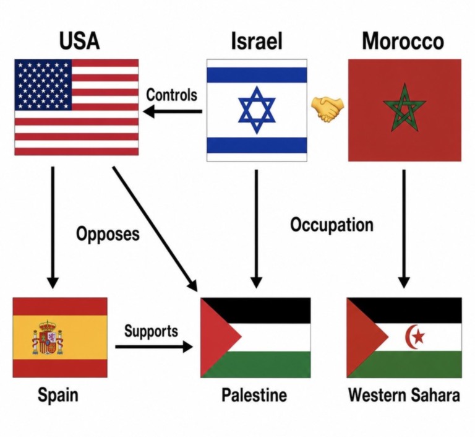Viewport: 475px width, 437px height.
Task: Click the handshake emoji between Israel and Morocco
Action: point(328,109)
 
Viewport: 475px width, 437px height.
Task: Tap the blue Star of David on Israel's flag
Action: point(257,110)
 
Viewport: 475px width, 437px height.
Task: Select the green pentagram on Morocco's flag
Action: point(404,108)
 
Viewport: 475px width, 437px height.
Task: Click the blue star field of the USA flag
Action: point(43,85)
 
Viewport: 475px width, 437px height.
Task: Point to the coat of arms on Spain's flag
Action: point(48,337)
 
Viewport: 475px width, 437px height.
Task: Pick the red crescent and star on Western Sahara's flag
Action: point(414,337)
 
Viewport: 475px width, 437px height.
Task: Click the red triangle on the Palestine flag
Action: point(221,337)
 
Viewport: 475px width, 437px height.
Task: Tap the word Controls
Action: point(171,95)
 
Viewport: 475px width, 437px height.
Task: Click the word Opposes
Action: point(108,234)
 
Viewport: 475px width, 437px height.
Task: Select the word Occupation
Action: point(332,225)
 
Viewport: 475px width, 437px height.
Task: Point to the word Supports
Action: point(151,331)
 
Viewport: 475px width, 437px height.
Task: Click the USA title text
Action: point(79,41)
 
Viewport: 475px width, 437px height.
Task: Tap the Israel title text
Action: point(257,41)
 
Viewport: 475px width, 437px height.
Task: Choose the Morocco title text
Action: point(403,41)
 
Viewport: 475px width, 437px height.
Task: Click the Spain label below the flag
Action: point(58,396)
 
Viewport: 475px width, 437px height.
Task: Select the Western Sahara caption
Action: point(404,395)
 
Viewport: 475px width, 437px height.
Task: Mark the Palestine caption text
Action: point(254,395)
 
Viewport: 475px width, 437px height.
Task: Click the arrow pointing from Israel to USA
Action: point(173,111)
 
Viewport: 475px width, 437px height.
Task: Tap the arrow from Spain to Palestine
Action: point(154,347)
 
